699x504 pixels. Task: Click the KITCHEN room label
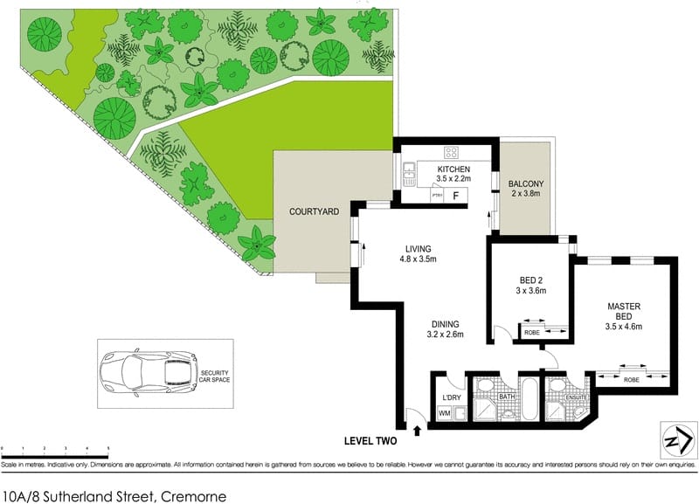pyautogui.click(x=453, y=169)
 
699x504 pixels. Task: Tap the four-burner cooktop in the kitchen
pyautogui.click(x=452, y=151)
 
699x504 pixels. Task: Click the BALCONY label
pyautogui.click(x=526, y=183)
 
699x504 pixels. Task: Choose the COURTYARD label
pyautogui.click(x=315, y=211)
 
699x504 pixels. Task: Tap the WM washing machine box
pyautogui.click(x=443, y=413)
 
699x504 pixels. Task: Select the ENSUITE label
pyautogui.click(x=576, y=397)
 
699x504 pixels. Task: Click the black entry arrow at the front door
pyautogui.click(x=417, y=429)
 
